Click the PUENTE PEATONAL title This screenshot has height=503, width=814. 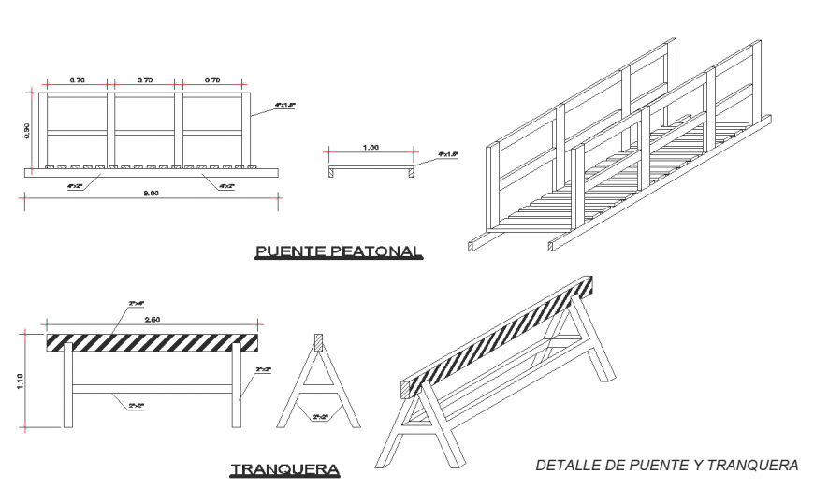[339, 251]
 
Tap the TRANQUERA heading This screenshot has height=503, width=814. [285, 468]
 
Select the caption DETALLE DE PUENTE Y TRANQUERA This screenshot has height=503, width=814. [666, 465]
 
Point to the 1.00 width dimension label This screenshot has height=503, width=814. [371, 147]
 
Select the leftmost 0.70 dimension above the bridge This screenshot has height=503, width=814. [76, 80]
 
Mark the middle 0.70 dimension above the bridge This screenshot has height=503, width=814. [144, 80]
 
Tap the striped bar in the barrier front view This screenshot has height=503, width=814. [153, 341]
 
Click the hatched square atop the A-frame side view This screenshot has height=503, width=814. [318, 342]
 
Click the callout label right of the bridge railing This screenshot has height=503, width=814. [285, 107]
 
